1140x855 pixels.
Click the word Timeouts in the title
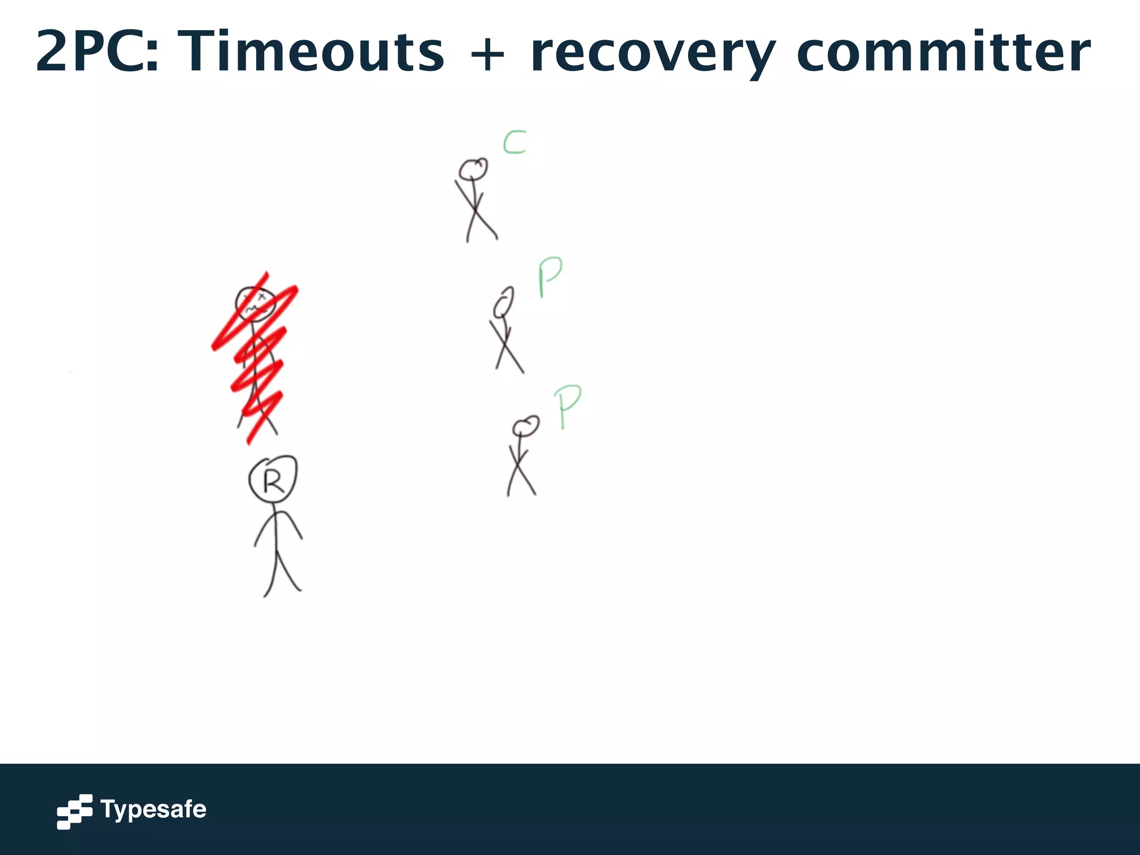coord(313,52)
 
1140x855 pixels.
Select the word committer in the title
coord(944,52)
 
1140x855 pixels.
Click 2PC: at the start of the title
coord(97,52)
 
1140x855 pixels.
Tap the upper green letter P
coord(550,276)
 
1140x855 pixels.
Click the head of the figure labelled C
coord(473,169)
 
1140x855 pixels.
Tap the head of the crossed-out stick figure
coord(255,303)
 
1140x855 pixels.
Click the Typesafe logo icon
coord(74,811)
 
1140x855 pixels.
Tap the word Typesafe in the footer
coord(153,809)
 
